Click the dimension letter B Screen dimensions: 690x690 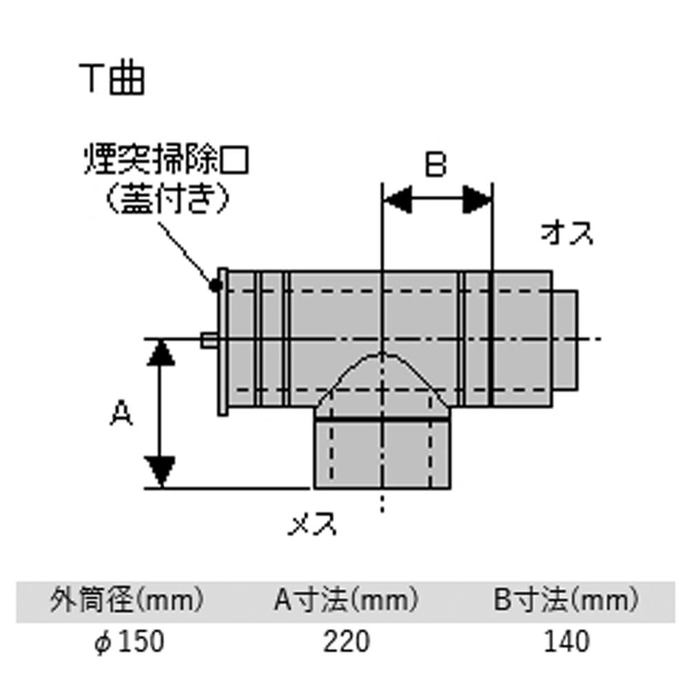435,165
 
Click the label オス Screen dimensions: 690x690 566,234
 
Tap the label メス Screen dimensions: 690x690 313,525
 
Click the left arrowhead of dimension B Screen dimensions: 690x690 397,200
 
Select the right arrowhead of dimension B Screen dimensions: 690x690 477,200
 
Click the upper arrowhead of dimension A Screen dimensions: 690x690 161,353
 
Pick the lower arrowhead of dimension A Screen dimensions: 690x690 161,473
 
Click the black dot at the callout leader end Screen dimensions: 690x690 215,284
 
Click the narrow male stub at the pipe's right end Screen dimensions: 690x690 565,339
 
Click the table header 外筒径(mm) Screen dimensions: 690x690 127,600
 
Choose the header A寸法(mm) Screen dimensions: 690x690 346,600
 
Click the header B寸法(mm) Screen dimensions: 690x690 566,600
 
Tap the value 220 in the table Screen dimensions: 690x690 346,642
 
